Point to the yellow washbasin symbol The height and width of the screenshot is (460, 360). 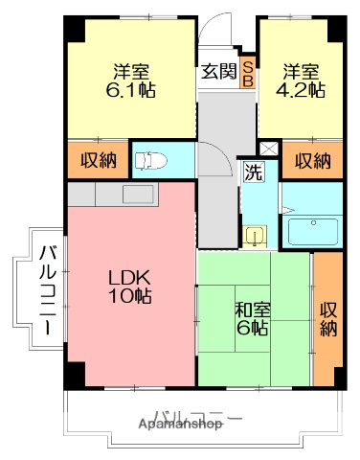255,235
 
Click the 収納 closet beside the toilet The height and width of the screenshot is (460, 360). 98,159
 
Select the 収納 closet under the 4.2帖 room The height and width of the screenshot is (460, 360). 312,159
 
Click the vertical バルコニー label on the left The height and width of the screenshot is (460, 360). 45,288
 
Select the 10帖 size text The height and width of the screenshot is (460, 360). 128,296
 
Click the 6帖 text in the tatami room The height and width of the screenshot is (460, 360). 253,328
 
